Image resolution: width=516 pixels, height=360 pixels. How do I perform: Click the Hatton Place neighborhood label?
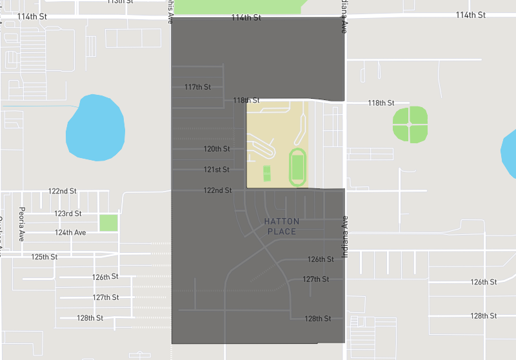pos(282,226)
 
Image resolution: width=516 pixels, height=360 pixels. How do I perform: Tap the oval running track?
pos(297,167)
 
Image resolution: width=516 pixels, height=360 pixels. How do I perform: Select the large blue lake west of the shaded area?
pos(95,128)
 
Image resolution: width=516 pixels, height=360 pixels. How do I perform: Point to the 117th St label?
pos(197,86)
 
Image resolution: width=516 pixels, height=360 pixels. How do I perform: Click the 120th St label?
pos(217,149)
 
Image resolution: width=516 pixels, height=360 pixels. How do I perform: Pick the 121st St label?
pos(217,170)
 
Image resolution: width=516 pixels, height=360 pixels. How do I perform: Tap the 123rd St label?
pos(68,214)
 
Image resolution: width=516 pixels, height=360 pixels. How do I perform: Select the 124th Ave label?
pos(70,232)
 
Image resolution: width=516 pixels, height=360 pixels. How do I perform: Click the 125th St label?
pos(45,257)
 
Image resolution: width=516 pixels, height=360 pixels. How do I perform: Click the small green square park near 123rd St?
pos(108,223)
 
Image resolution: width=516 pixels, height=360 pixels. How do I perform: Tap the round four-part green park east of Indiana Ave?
pos(410,124)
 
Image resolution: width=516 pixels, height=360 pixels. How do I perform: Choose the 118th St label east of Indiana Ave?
pos(381,103)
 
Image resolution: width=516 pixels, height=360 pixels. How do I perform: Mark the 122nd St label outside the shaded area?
pos(63,192)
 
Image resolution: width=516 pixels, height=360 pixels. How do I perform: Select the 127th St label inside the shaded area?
pos(316,279)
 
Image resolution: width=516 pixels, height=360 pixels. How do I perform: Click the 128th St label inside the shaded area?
pos(317,319)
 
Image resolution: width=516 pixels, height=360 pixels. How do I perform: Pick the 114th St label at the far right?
pos(470,15)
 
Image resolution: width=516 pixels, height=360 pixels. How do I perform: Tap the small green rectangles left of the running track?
pos(267,174)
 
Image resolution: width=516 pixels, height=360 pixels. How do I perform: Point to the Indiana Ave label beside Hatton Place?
pos(345,237)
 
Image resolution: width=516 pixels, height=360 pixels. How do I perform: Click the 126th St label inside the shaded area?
pos(321,259)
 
